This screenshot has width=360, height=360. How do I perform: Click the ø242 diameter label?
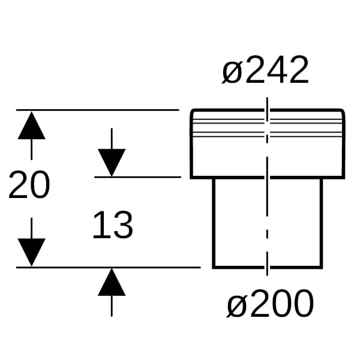tap(265, 70)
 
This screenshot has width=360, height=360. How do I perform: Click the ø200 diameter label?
tap(270, 304)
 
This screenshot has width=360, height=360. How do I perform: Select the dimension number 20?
tap(29, 185)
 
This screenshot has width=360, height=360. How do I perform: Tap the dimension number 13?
tap(113, 225)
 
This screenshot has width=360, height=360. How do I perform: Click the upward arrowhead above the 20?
tap(31, 125)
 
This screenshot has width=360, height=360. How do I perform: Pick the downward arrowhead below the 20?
tap(31, 253)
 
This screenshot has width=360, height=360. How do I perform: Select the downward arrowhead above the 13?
tap(112, 163)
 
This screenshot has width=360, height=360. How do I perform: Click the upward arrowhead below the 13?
tap(112, 282)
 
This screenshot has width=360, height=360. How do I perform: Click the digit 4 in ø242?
tap(276, 70)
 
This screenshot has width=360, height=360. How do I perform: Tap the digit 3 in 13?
tap(123, 225)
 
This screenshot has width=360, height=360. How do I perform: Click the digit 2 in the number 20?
tap(19, 184)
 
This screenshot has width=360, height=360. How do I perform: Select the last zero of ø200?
tap(304, 304)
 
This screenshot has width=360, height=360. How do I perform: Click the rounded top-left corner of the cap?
tap(192, 111)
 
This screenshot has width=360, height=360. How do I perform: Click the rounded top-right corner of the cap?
tap(343, 111)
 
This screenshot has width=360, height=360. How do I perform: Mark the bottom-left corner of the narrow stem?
tap(214, 268)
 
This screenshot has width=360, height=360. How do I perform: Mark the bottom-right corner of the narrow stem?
tap(322, 268)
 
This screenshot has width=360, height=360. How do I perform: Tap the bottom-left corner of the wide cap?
tap(191, 178)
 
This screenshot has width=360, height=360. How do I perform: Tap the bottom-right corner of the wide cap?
tap(344, 178)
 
